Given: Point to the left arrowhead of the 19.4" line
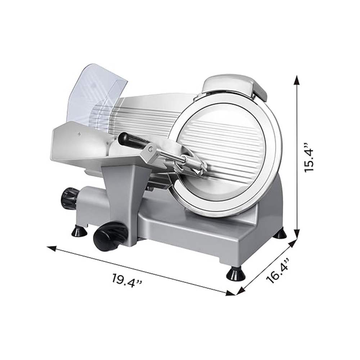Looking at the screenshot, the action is pyautogui.click(x=52, y=248).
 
